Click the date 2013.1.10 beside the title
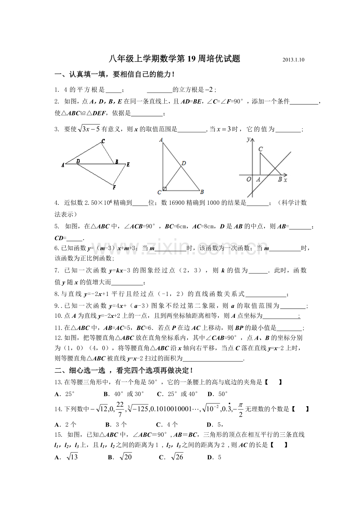[293, 60]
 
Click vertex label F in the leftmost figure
[114, 187]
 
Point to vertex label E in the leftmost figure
[128, 165]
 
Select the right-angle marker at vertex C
[165, 189]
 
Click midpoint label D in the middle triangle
[184, 163]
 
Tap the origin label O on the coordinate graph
[248, 179]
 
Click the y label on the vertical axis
[248, 140]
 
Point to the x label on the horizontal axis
[285, 180]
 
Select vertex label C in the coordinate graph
[261, 149]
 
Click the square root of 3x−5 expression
[89, 129]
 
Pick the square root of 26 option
[177, 457]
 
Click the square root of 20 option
[126, 457]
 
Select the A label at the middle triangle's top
[161, 140]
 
